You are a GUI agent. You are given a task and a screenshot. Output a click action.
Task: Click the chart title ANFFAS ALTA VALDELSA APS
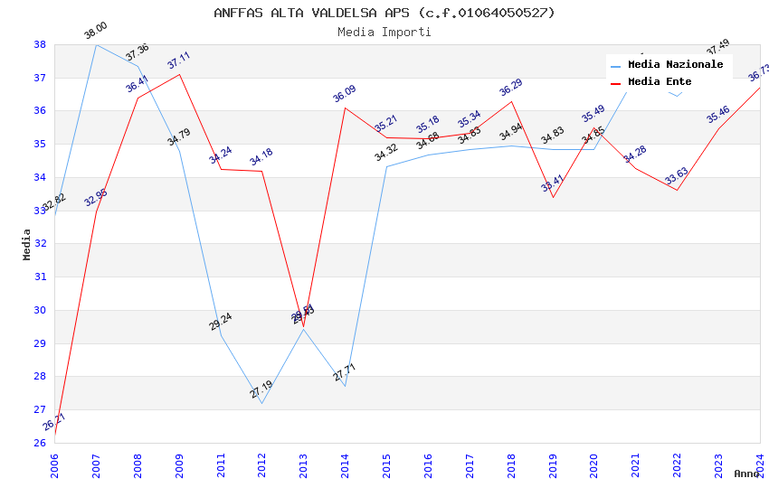click(x=384, y=13)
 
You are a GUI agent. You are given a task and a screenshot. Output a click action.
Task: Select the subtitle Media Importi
click(x=384, y=32)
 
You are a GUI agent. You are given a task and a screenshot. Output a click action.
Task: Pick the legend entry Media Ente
click(x=660, y=82)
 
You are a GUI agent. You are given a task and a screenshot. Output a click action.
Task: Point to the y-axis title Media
click(x=27, y=244)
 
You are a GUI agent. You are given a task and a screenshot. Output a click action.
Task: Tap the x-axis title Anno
click(x=746, y=474)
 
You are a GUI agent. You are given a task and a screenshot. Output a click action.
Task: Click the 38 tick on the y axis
click(x=40, y=44)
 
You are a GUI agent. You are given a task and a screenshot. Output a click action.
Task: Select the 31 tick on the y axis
click(x=40, y=277)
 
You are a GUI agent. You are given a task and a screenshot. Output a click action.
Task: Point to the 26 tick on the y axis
click(x=40, y=443)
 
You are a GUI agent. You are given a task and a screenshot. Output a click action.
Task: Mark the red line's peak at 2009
click(x=179, y=74)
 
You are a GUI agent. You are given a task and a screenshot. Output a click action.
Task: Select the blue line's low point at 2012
click(x=261, y=403)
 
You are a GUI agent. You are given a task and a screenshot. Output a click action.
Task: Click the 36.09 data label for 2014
click(x=344, y=94)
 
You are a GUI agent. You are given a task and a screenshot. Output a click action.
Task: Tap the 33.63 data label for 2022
click(x=676, y=176)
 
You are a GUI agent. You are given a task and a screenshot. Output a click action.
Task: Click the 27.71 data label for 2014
click(x=344, y=372)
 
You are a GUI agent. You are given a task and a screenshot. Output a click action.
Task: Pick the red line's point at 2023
click(x=718, y=128)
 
